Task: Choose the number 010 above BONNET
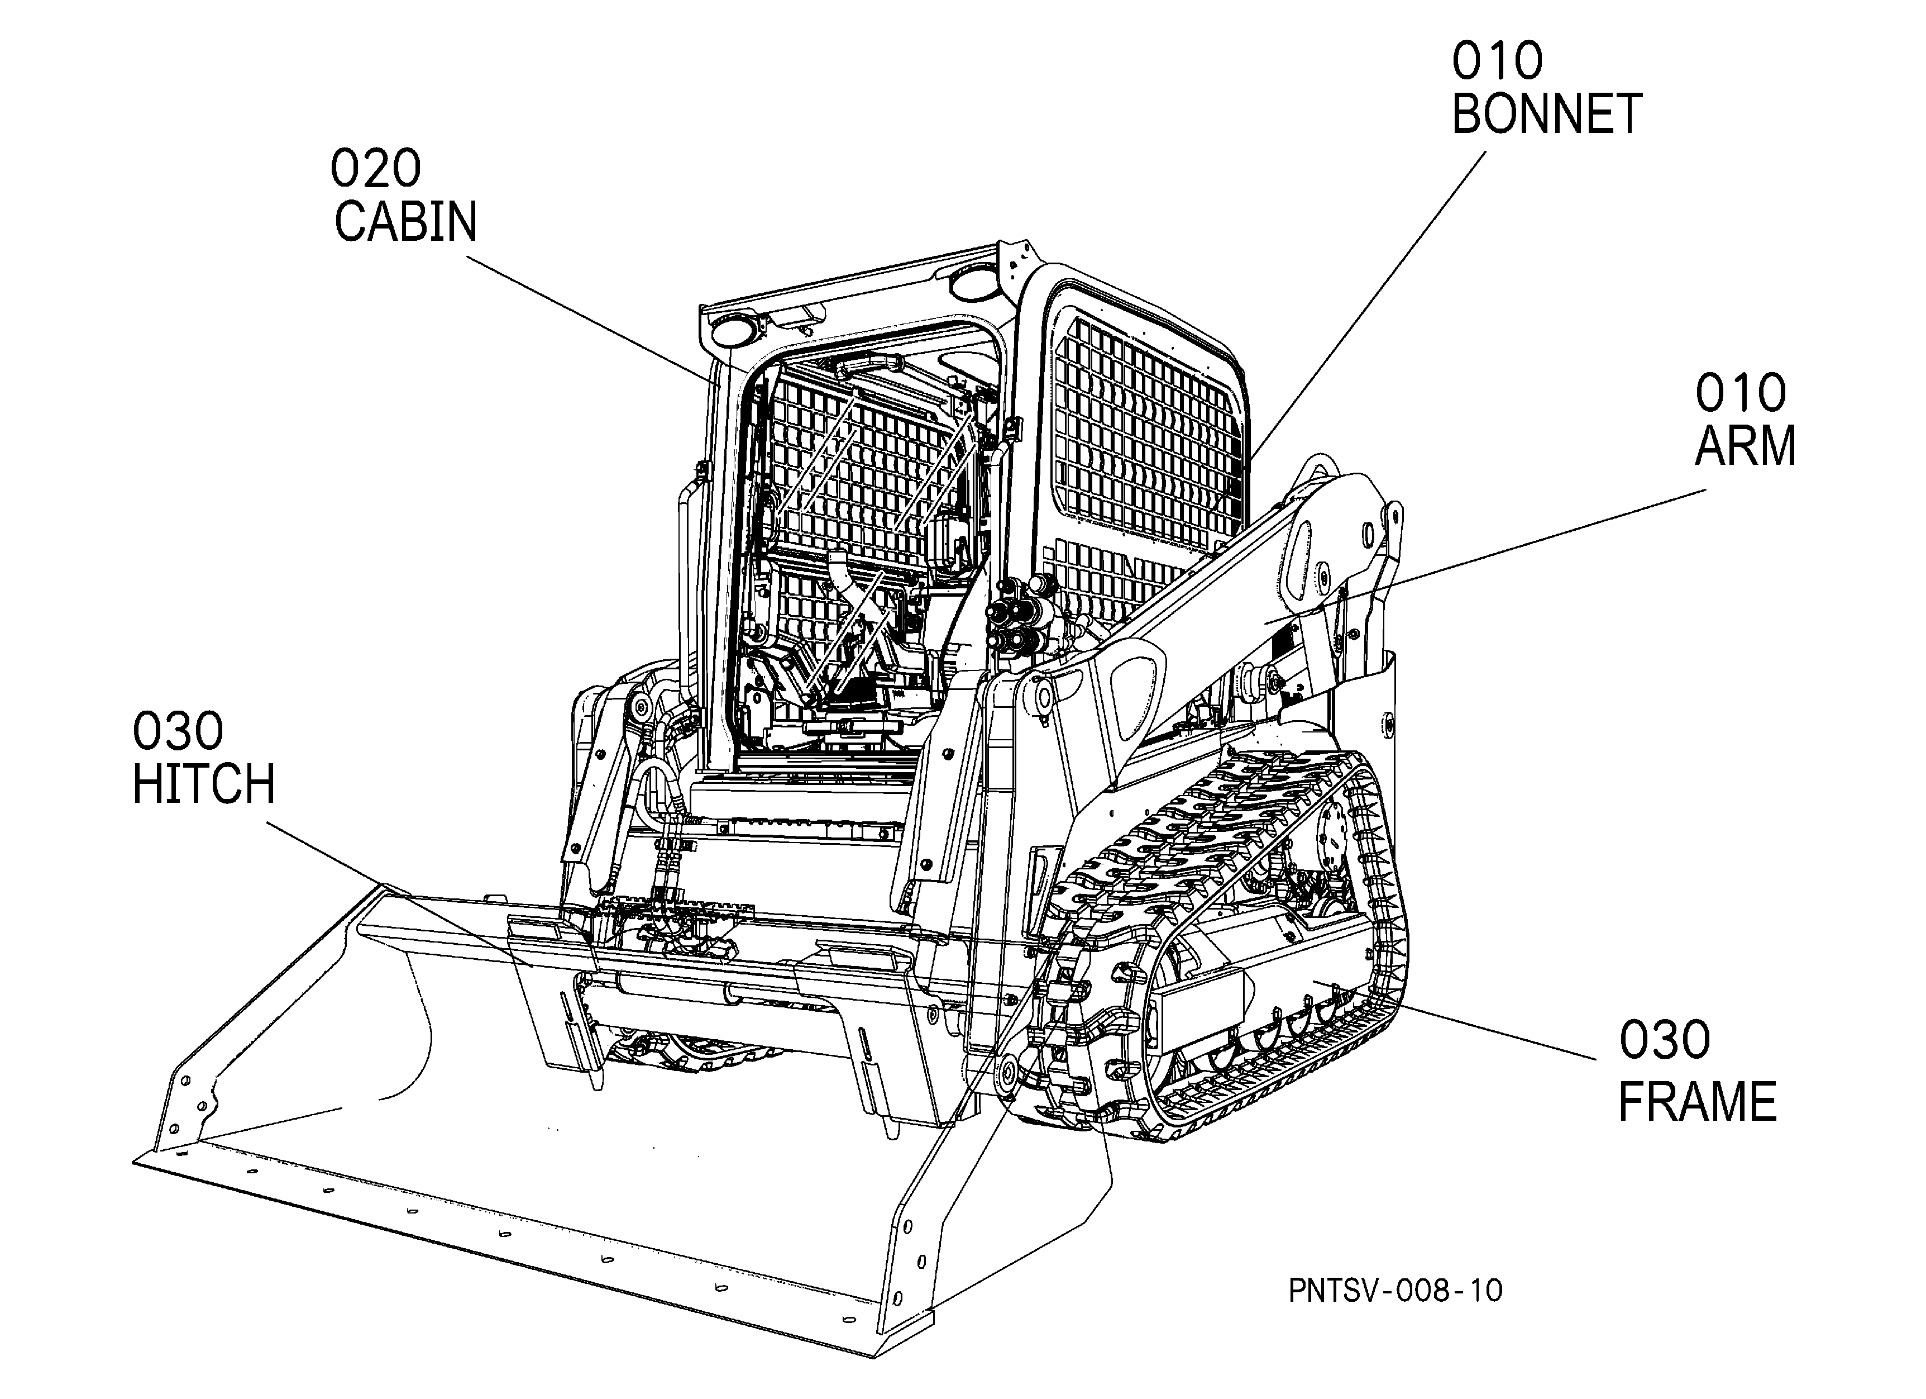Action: point(1497,60)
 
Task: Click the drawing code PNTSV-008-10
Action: point(1395,1290)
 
